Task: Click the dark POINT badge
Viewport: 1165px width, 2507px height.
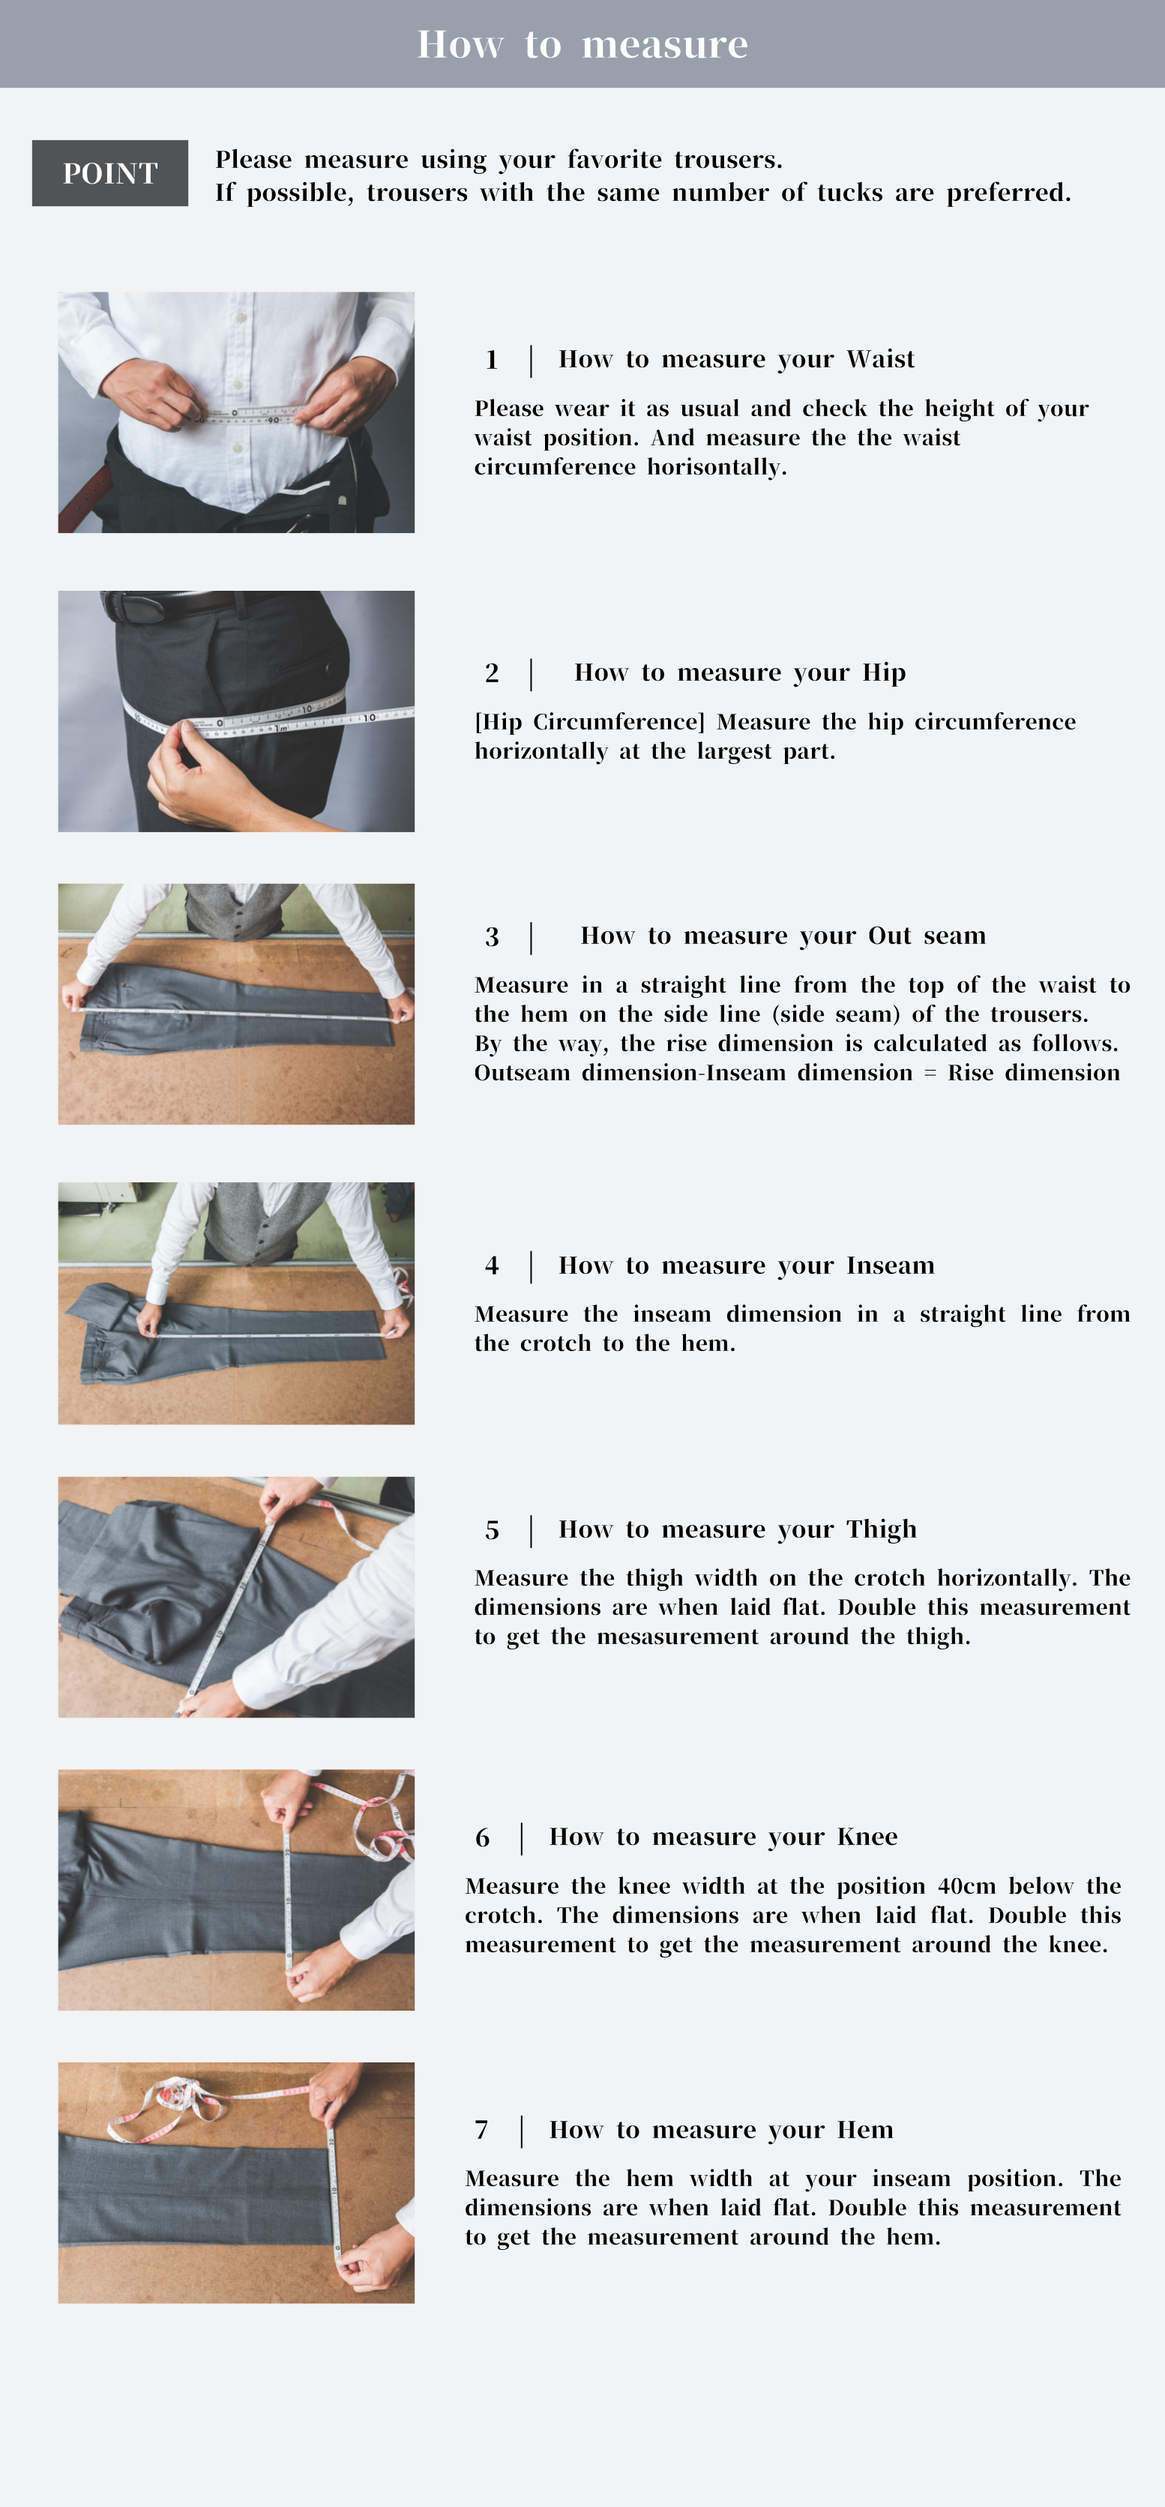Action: (x=110, y=173)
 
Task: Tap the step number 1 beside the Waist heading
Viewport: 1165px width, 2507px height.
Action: (x=492, y=360)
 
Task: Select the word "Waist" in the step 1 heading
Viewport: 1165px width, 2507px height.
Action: (x=880, y=359)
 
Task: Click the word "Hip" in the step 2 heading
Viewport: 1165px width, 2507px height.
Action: (x=884, y=672)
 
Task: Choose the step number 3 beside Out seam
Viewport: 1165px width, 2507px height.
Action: (x=492, y=936)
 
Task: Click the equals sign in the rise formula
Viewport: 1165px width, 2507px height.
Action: (x=930, y=1074)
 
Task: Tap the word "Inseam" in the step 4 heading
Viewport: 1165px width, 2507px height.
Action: (x=890, y=1265)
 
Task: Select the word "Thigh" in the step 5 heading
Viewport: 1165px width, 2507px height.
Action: (x=881, y=1529)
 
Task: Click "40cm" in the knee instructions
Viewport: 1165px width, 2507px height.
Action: (x=966, y=1886)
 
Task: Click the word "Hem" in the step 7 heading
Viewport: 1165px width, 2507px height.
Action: (x=865, y=2129)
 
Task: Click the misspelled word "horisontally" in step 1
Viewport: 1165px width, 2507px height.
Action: (x=717, y=468)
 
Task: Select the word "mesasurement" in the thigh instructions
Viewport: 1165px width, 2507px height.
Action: (x=678, y=1637)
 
